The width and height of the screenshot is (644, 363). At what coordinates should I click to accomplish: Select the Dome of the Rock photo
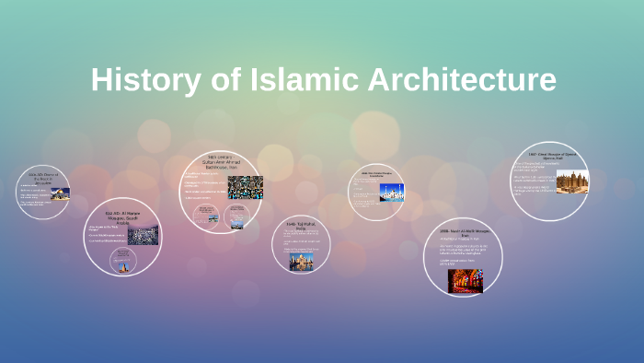click(60, 193)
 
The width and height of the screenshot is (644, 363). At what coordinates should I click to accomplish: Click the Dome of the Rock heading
click(43, 178)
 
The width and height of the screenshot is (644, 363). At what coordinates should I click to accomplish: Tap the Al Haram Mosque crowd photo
click(143, 236)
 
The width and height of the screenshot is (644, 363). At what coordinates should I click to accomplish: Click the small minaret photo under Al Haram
click(121, 263)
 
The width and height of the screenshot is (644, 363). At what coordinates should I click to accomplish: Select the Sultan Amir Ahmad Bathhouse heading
click(221, 163)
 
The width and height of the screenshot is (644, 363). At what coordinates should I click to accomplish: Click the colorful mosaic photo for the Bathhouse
click(245, 187)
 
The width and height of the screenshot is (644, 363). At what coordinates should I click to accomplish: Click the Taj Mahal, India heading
click(301, 228)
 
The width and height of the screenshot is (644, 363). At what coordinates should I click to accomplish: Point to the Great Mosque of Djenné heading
click(549, 156)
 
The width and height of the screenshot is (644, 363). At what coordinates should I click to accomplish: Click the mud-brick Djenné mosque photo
click(571, 181)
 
